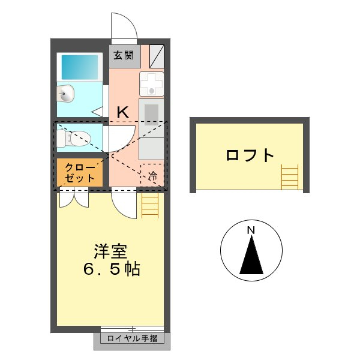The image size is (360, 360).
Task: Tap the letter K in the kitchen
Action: [122, 112]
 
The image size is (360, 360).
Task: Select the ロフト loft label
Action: [250, 155]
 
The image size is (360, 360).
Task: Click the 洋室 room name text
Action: [110, 250]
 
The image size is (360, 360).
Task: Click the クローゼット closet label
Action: [80, 173]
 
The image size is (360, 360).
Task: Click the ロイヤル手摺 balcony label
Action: [132, 340]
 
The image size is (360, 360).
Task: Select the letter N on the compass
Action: [251, 230]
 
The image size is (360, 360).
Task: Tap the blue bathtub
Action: [80, 68]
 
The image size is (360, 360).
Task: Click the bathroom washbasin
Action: [65, 94]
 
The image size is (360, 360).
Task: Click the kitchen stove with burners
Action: [151, 84]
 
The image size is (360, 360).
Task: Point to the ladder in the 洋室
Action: [150, 206]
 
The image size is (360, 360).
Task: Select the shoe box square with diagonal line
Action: [156, 56]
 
